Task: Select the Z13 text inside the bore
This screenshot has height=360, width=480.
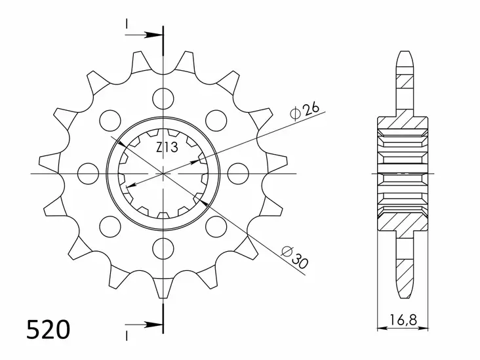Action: pos(167,148)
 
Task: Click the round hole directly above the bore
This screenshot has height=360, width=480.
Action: pos(161,99)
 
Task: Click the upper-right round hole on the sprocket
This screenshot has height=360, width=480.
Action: pos(214,121)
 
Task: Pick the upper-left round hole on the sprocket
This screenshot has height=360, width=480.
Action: pos(109,121)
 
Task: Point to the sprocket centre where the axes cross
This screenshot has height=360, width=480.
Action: pos(161,174)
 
